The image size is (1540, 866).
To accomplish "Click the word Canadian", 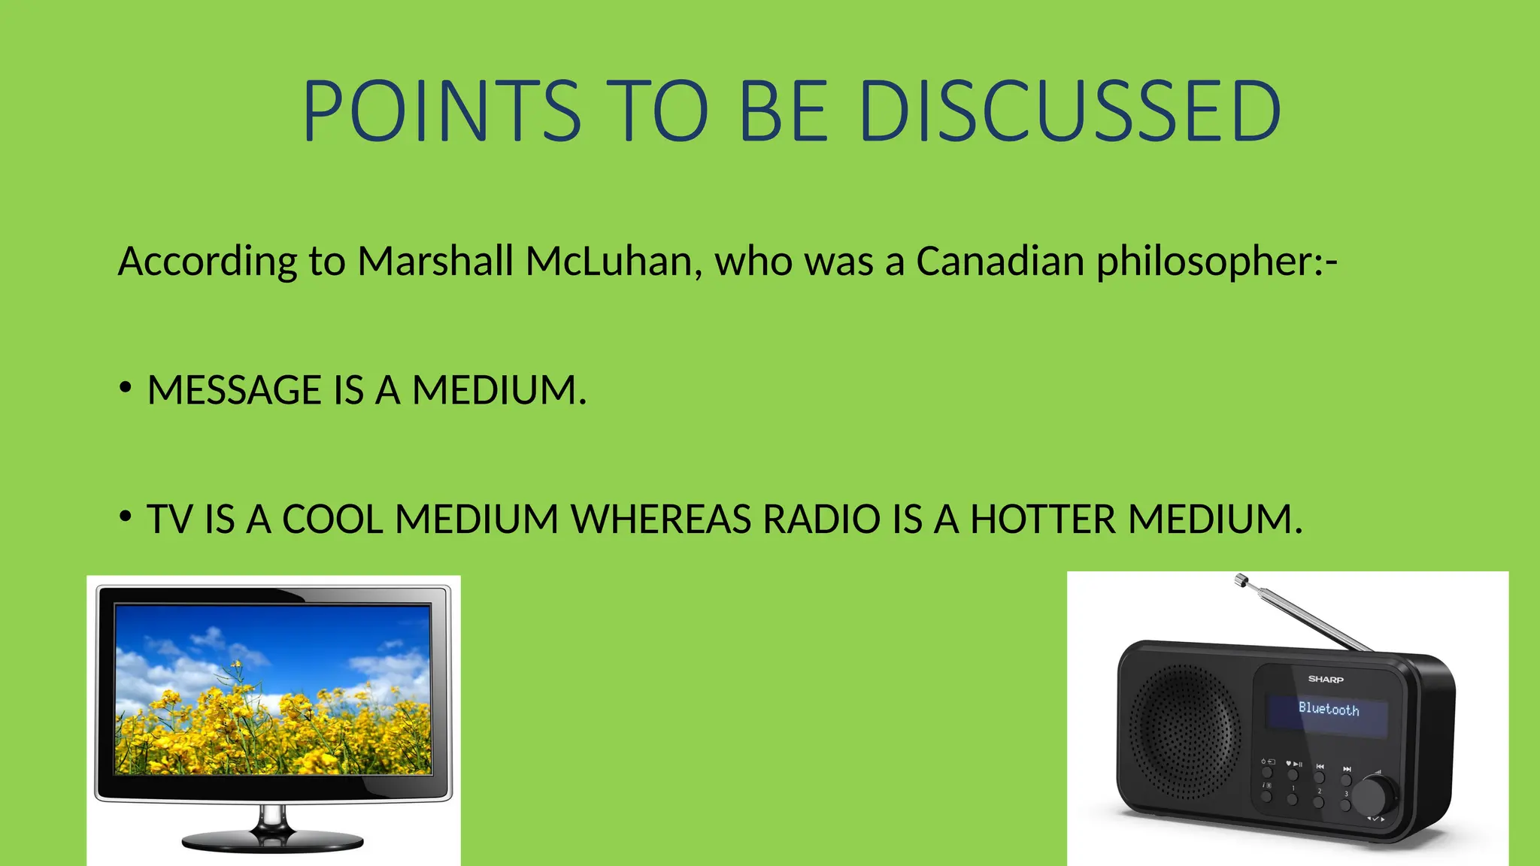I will (1000, 262).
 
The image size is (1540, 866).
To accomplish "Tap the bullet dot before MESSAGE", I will (126, 388).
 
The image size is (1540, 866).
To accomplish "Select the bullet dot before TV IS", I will (126, 516).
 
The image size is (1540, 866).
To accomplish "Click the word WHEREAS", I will (660, 519).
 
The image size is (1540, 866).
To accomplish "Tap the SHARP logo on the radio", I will (1325, 680).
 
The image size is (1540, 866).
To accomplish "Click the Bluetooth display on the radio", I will (1328, 710).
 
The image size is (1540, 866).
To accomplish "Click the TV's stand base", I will (272, 842).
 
